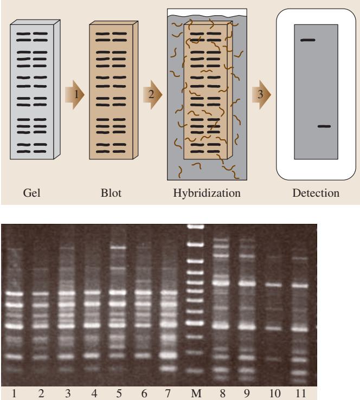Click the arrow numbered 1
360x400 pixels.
[x=74, y=95]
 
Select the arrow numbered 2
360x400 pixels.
[x=152, y=95]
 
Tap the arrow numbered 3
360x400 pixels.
[x=261, y=95]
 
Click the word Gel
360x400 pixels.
[x=31, y=193]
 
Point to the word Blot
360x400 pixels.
[x=111, y=193]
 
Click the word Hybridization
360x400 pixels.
[x=207, y=193]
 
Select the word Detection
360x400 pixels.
[x=316, y=193]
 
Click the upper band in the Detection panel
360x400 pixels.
[x=308, y=40]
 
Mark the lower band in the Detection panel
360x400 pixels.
[x=324, y=126]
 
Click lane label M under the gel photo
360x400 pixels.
[x=196, y=393]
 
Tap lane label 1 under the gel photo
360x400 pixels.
[x=14, y=393]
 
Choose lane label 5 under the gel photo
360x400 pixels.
[x=119, y=393]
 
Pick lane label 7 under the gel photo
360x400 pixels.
[x=168, y=393]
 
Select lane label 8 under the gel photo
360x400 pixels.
[x=222, y=393]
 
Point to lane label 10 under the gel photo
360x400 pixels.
[x=275, y=393]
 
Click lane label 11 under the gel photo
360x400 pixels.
[x=300, y=393]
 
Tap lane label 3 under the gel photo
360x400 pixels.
[x=68, y=393]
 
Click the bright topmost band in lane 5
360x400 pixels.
[x=118, y=248]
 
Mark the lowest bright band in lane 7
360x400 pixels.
[x=169, y=369]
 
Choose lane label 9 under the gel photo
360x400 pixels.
[x=247, y=393]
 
